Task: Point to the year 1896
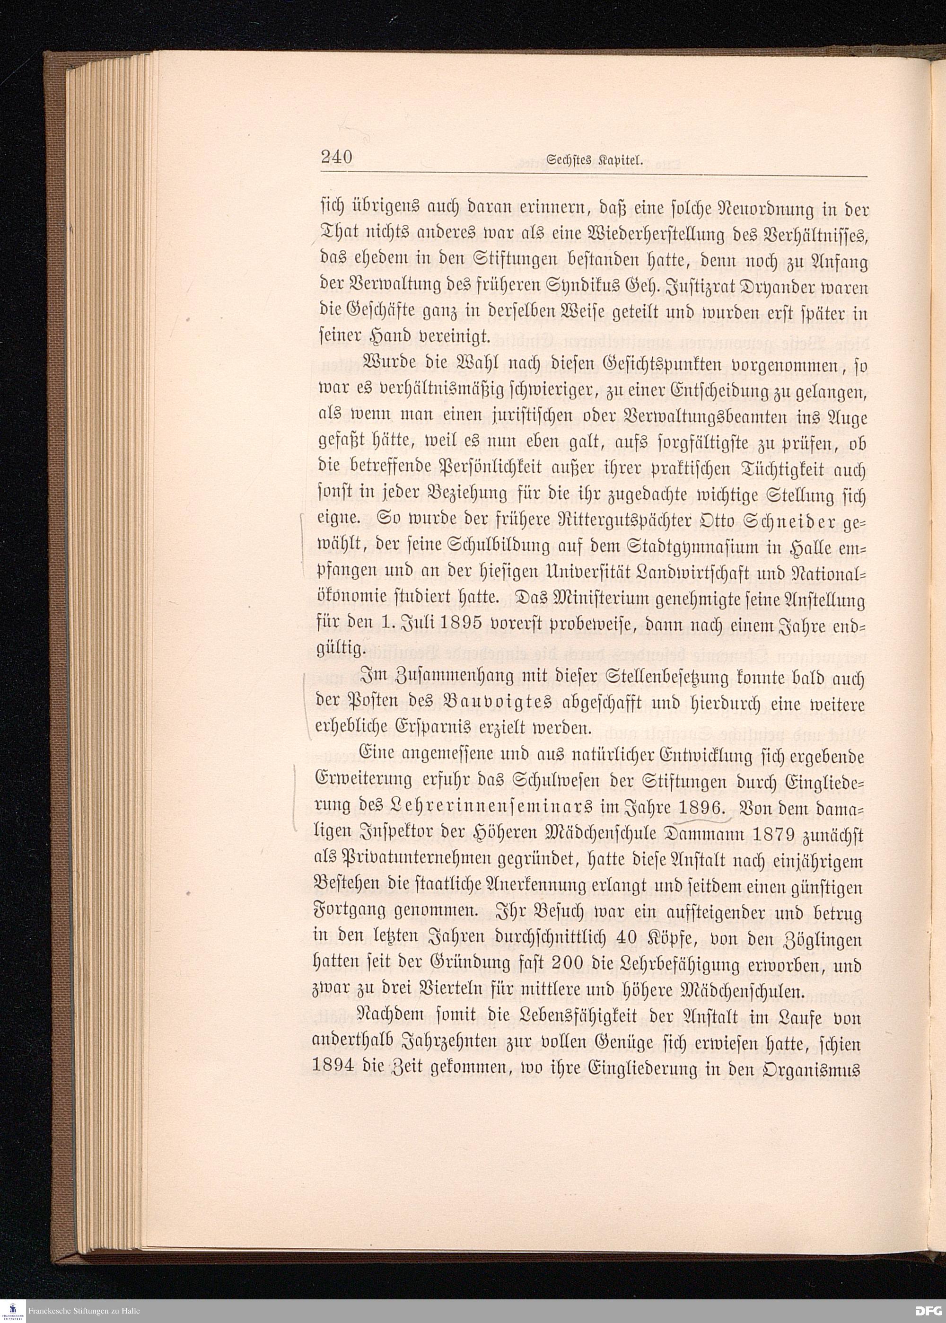[698, 806]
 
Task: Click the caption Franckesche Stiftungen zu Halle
[83, 1311]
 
